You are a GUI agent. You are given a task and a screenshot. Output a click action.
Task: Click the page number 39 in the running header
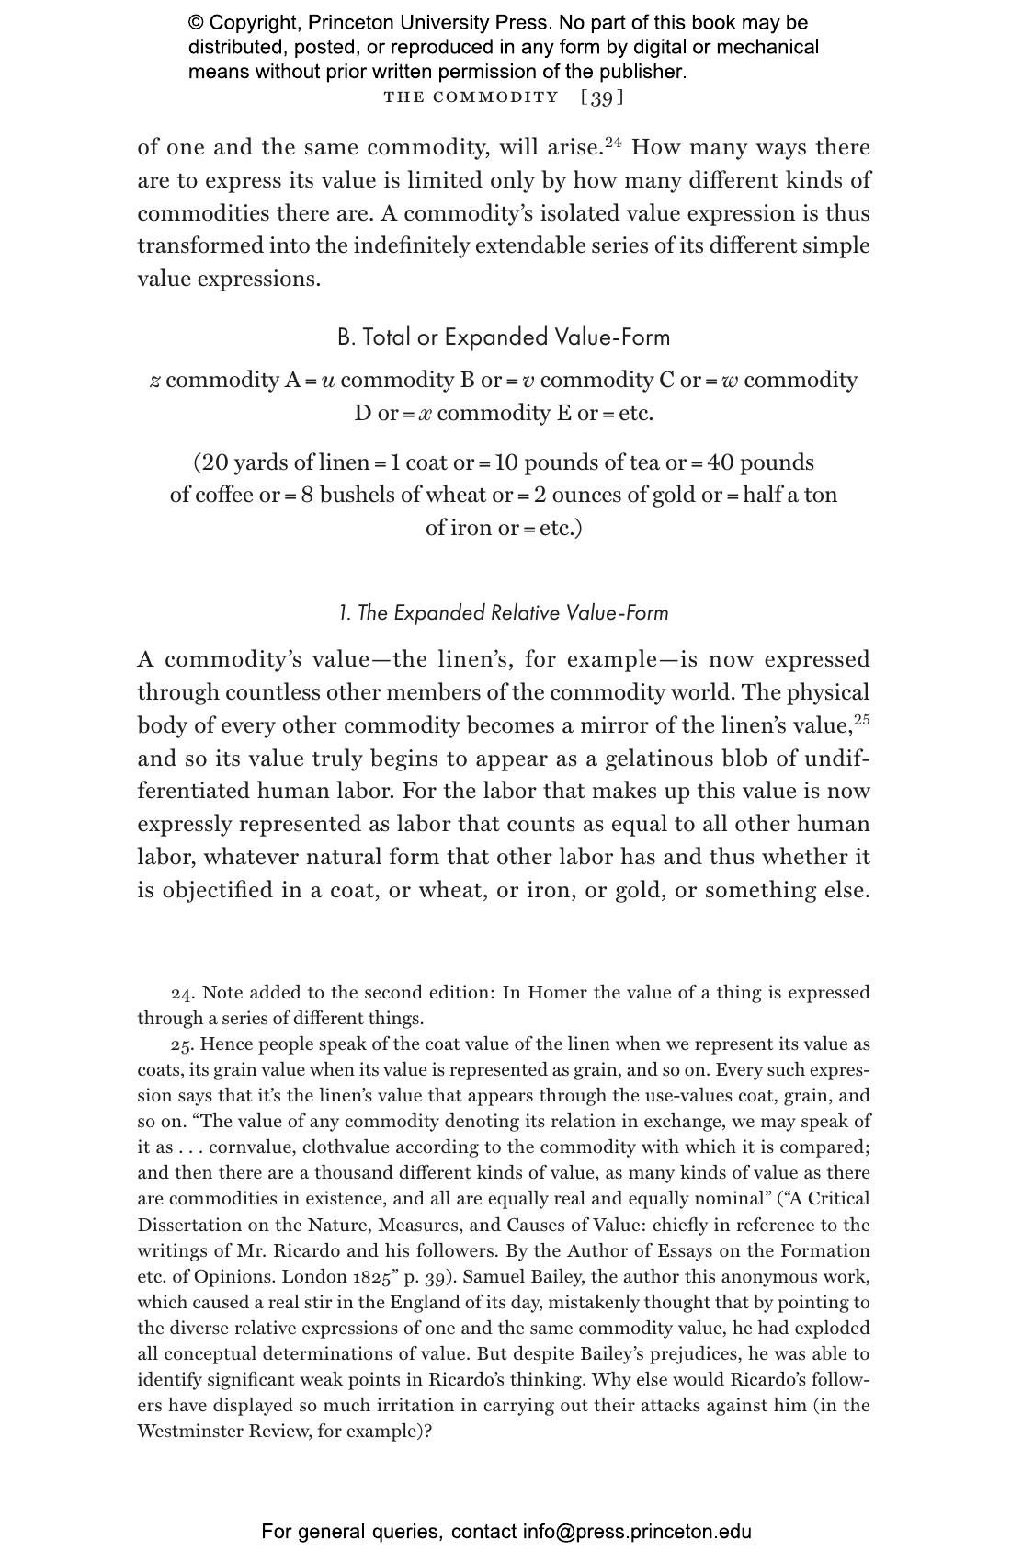coord(602,97)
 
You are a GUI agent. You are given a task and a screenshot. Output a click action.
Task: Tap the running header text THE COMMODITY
coord(471,97)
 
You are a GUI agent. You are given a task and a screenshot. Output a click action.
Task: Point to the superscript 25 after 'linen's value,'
coord(861,720)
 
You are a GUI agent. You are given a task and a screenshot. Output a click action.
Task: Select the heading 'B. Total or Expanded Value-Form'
coord(504,337)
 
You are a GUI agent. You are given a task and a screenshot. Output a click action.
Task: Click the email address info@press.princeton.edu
coord(637,1532)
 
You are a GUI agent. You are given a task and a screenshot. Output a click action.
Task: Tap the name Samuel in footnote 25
coord(496,1277)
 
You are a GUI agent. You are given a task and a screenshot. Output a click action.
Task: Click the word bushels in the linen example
coord(358,495)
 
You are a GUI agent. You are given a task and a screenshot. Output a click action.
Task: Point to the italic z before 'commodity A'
coord(155,381)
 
